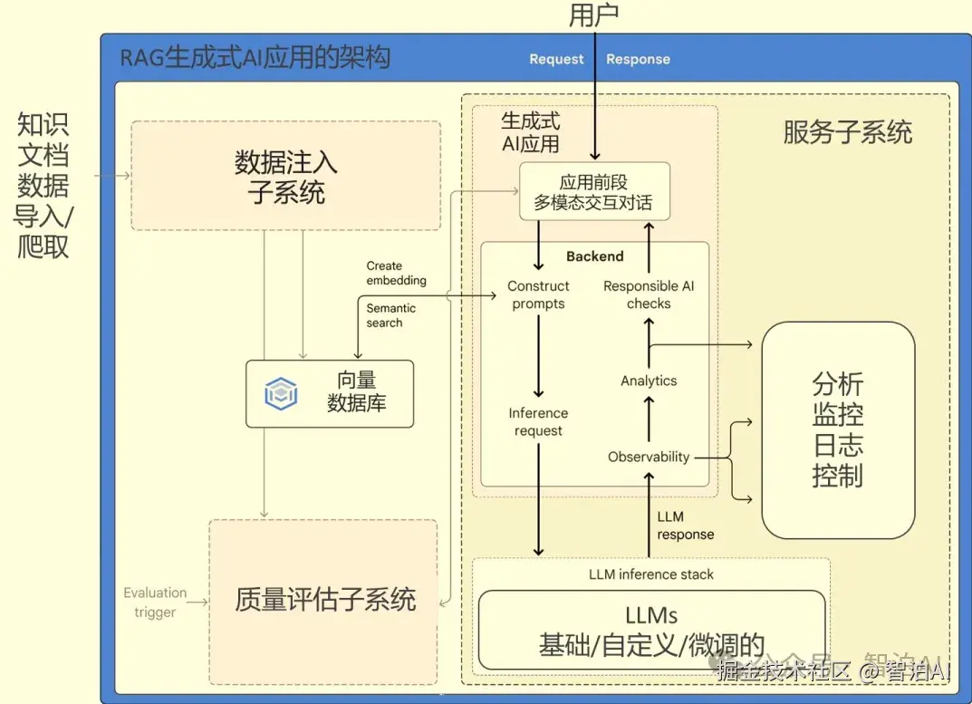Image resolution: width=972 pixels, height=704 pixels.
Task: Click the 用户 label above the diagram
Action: [594, 14]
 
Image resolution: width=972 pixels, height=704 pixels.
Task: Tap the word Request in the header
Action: [556, 59]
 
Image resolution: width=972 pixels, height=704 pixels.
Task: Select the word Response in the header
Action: [638, 59]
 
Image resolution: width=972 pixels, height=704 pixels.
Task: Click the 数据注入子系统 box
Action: [285, 176]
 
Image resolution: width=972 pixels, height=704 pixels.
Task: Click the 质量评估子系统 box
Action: [325, 600]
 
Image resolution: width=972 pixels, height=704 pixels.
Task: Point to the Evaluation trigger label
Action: [155, 602]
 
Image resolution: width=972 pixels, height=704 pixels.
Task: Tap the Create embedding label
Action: [396, 273]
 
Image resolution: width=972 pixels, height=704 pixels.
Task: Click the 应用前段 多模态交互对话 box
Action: [593, 192]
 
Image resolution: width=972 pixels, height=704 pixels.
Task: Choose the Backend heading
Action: [594, 256]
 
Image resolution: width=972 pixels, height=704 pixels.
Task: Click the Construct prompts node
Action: [538, 294]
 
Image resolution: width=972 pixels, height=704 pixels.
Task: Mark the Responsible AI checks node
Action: [649, 294]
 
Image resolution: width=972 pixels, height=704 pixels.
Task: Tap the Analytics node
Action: [649, 381]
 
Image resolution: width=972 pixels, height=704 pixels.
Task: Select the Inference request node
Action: [538, 421]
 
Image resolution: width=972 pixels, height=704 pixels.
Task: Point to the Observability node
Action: [649, 457]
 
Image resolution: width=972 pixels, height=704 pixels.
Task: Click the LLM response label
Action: [685, 526]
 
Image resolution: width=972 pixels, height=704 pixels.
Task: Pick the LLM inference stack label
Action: [651, 574]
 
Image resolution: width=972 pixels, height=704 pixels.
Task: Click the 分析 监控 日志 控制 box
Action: [838, 429]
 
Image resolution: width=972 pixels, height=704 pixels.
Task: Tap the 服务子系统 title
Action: [847, 133]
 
